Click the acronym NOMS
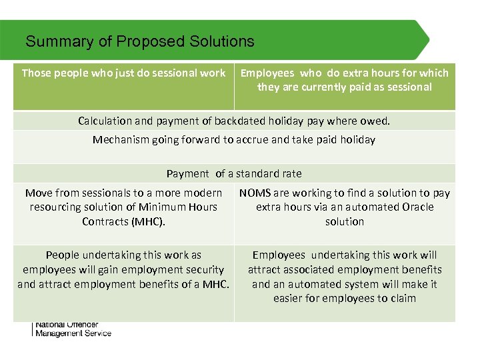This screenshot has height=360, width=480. pos(254,193)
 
